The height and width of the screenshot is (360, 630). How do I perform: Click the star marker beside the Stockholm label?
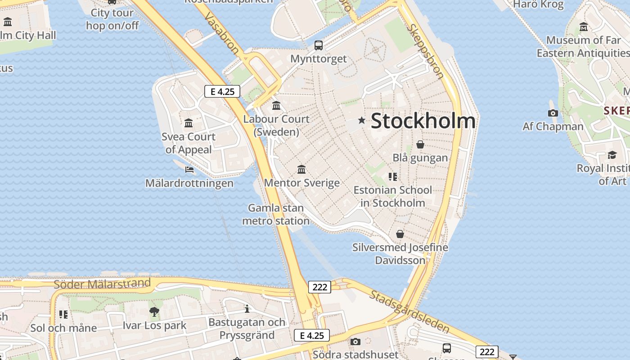[361, 120]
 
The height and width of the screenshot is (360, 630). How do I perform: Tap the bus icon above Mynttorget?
[319, 45]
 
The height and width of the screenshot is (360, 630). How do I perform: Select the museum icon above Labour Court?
[276, 106]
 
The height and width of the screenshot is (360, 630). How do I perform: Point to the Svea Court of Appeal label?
[189, 143]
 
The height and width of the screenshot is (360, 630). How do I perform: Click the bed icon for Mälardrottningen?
[189, 170]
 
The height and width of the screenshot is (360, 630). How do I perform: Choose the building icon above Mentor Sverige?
[301, 169]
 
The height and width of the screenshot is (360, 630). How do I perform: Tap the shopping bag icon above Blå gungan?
[420, 144]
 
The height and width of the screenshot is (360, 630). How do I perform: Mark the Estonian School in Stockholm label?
[392, 196]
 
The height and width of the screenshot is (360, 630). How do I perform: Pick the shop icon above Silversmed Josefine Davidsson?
[400, 234]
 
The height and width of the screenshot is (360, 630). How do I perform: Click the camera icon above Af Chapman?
[553, 113]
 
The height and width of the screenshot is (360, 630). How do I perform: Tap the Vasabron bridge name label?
[221, 34]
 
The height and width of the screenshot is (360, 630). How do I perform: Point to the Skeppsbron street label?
[425, 51]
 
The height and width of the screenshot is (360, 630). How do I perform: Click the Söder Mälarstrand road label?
[102, 284]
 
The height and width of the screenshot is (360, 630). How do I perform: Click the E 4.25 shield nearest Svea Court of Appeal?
[222, 91]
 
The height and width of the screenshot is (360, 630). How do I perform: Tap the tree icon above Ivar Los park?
[154, 311]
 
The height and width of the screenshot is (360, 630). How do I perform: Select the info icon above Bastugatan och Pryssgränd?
[247, 309]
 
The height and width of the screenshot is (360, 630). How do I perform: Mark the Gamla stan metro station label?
[276, 214]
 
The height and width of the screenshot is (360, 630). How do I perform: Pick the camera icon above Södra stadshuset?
[355, 342]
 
